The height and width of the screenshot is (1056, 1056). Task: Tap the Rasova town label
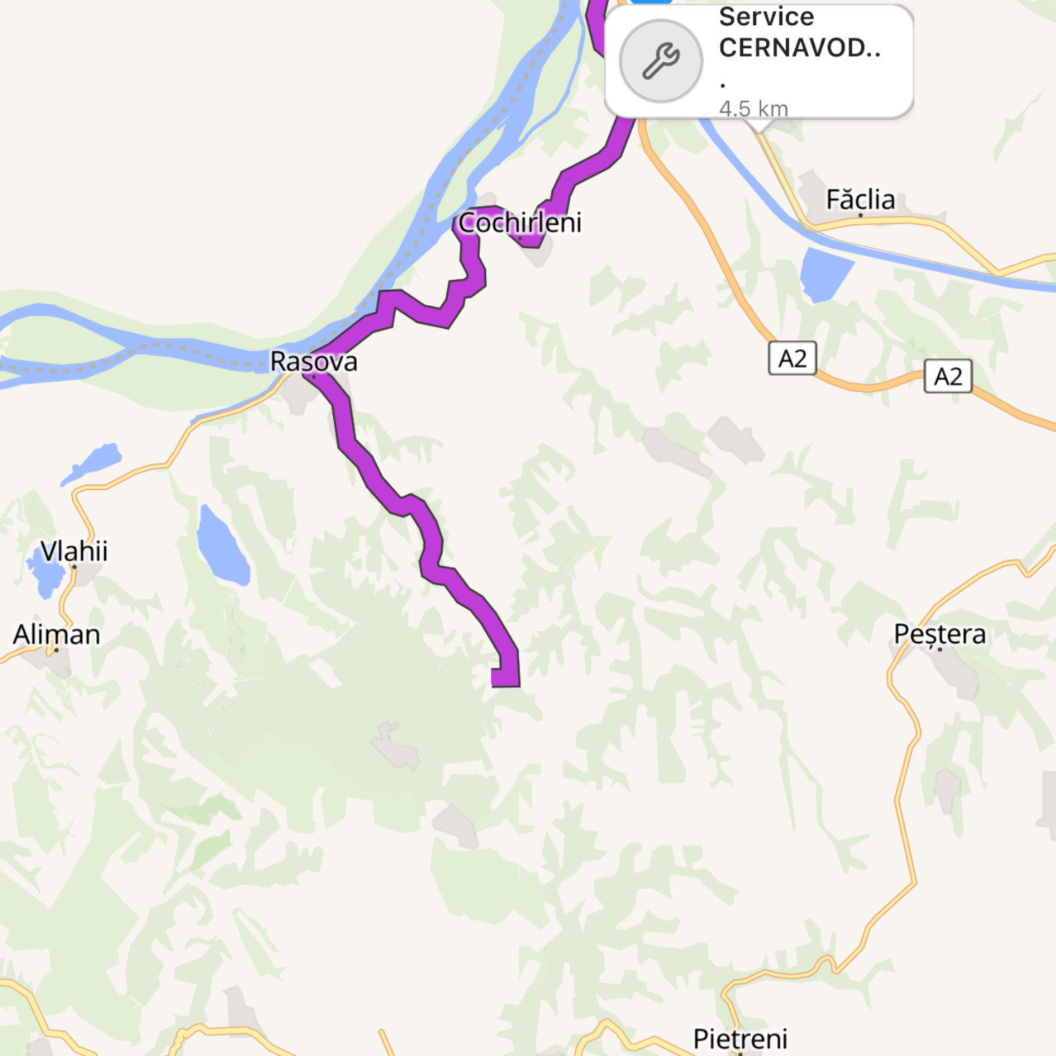314,361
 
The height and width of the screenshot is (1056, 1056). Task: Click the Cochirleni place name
520,222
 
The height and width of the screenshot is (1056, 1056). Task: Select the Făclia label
860,200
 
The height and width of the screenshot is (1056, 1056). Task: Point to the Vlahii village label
74,551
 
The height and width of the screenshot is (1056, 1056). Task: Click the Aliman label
57,634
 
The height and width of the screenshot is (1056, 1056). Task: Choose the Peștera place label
939,633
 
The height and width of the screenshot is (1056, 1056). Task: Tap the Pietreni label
740,1039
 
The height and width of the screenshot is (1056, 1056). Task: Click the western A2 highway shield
792,358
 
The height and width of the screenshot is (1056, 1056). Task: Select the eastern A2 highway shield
948,376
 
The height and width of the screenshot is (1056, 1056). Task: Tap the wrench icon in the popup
661,61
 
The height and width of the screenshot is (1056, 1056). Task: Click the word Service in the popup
766,17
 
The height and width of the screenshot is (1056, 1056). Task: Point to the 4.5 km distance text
754,108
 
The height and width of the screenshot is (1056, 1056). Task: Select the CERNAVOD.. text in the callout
800,47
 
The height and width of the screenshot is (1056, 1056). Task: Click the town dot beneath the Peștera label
940,650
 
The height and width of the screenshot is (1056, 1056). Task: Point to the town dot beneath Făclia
860,215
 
